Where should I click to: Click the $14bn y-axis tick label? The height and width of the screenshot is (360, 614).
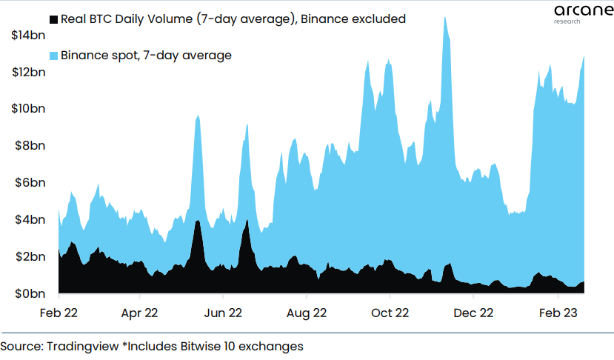coord(28,35)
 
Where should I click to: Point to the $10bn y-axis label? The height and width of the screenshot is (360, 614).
coord(28,109)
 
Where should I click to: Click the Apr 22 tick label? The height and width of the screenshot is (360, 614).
coord(139,313)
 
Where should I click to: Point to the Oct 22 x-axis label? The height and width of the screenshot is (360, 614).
coord(390,313)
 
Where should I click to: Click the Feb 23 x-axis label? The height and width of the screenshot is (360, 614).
coord(556,313)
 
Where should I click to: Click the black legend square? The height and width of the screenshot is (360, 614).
coord(53,19)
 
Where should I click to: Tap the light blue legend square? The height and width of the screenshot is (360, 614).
coord(53,56)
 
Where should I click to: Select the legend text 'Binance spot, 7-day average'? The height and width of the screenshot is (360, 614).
coord(147,56)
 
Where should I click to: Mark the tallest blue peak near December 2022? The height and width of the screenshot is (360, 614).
coord(444,18)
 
